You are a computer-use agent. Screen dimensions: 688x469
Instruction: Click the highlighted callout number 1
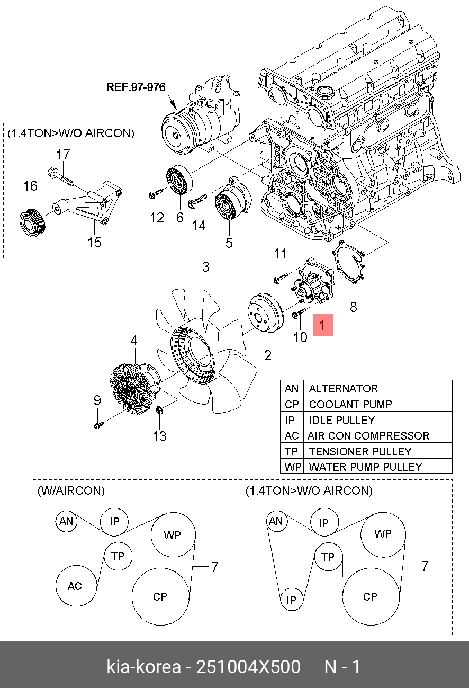click(x=323, y=325)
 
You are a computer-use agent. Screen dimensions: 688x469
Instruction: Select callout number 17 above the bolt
click(x=63, y=155)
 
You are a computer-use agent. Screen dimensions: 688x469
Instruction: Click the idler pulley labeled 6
click(x=179, y=181)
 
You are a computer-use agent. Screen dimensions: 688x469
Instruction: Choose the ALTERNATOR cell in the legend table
click(x=343, y=388)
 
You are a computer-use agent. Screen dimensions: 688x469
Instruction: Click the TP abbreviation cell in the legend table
click(x=292, y=451)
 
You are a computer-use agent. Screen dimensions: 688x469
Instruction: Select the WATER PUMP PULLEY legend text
click(x=365, y=467)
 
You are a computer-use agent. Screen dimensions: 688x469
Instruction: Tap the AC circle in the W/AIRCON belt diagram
click(x=76, y=586)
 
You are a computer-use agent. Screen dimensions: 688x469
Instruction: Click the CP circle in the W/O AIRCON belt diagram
click(x=371, y=596)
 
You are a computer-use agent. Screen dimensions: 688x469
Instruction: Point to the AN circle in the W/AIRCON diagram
click(x=66, y=522)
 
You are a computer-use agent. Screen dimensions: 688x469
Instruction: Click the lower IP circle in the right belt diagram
click(x=291, y=600)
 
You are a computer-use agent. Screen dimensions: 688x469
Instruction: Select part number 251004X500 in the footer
click(x=248, y=666)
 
